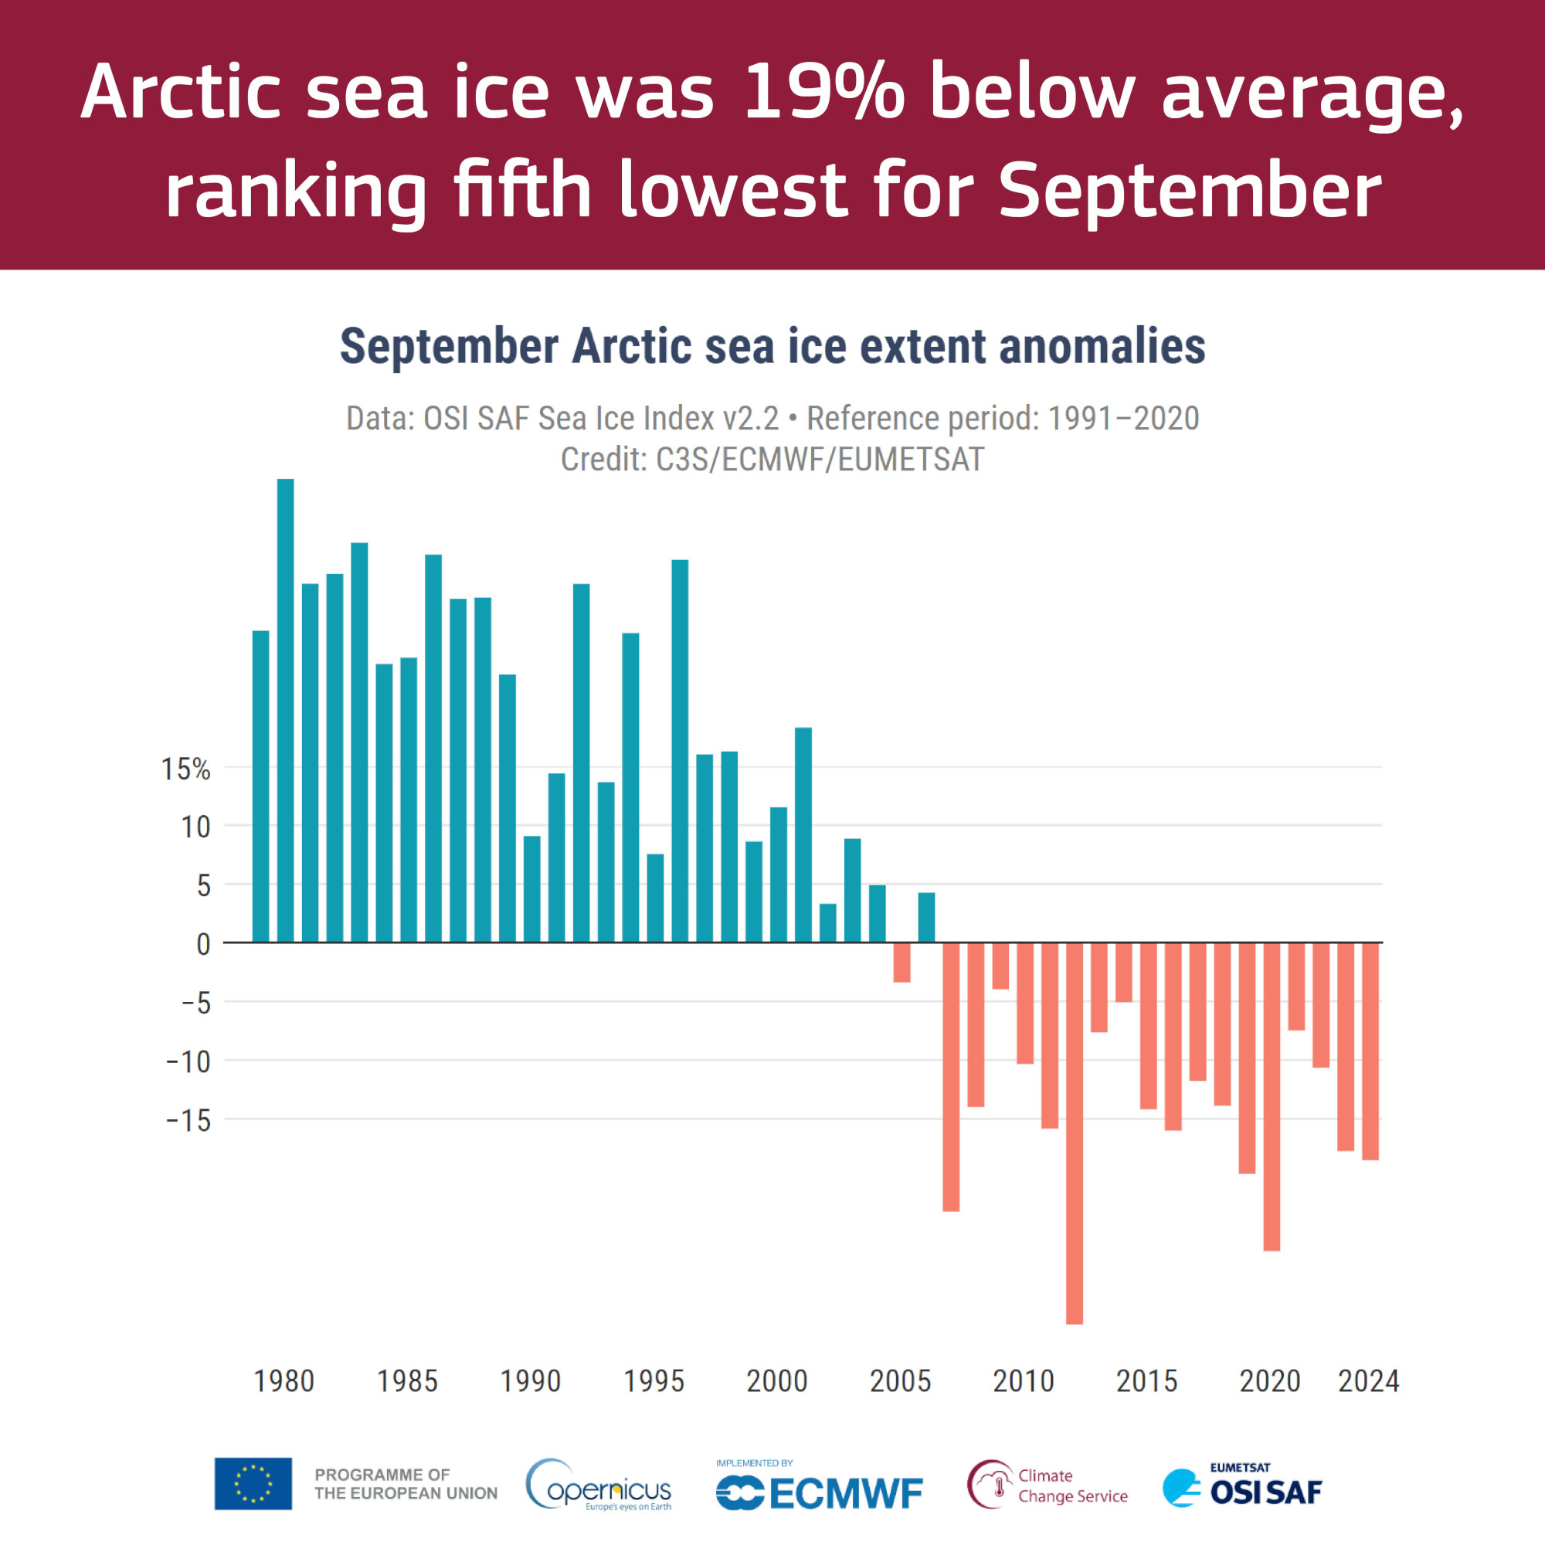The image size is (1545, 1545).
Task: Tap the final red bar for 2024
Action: coord(1370,1051)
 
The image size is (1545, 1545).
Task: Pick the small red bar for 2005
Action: coord(902,962)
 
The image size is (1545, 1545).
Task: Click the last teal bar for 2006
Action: coord(927,917)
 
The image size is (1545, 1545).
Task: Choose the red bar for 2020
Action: coord(1272,1095)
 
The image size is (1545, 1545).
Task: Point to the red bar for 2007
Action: coord(951,1076)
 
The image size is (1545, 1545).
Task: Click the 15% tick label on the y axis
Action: coord(185,769)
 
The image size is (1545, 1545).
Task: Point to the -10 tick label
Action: coord(188,1062)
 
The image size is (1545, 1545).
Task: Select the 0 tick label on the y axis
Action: coord(204,945)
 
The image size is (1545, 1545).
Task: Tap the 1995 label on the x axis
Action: coord(654,1381)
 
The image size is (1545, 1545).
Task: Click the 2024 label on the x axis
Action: coord(1368,1381)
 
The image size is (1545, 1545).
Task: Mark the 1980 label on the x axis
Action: coord(284,1381)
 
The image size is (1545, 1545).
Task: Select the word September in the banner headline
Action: coord(1189,189)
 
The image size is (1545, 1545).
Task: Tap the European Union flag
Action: coord(253,1484)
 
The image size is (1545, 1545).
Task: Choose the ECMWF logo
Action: coord(819,1492)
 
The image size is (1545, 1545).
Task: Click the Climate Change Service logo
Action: coord(1047,1485)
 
